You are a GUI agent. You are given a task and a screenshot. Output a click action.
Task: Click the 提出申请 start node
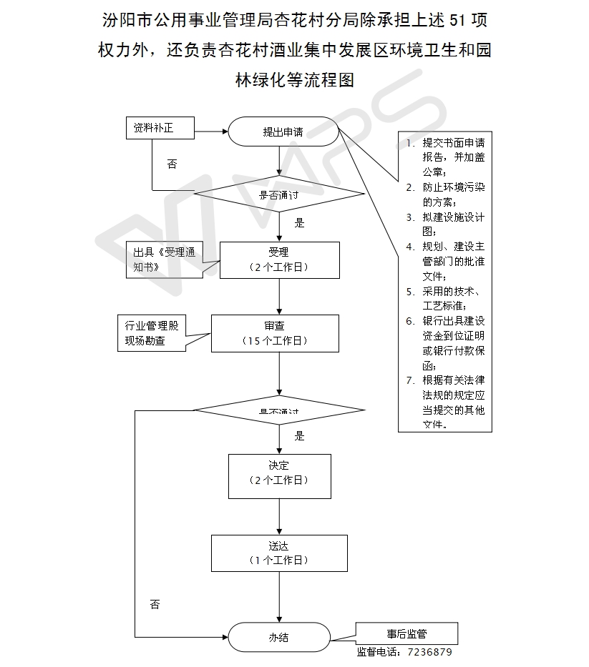point(283,132)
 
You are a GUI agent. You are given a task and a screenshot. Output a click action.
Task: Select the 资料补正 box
point(160,129)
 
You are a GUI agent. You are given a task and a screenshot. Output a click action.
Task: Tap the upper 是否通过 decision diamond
point(279,194)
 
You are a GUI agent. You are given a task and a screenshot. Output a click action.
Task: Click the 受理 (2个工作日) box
point(278,259)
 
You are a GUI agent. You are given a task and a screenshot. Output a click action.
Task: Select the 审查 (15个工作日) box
point(274,333)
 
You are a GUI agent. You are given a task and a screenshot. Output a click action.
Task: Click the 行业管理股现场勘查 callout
point(152,333)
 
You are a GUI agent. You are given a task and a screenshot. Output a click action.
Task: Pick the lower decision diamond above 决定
point(279,410)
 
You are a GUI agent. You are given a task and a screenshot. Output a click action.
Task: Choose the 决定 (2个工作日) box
point(279,475)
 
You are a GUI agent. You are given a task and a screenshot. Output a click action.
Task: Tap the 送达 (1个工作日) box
point(279,553)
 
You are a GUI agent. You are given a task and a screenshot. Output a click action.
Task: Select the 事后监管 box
point(407,633)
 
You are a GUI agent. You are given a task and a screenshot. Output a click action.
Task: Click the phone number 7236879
point(429,652)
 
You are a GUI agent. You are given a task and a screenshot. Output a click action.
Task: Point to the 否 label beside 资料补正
point(172,164)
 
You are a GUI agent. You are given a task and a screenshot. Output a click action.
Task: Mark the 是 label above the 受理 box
point(300,223)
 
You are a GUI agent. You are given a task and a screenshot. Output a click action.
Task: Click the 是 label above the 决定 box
point(300,435)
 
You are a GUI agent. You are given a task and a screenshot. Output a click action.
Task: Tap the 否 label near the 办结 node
point(155,605)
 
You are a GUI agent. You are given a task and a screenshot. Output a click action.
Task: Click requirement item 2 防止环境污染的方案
point(451,194)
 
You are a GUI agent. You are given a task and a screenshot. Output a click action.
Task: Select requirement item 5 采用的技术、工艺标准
point(451,298)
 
